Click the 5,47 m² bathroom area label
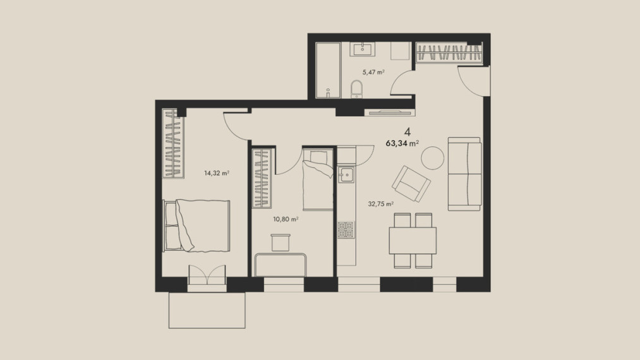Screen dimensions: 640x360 tap(373, 72)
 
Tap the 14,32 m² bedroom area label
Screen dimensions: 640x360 tap(217, 173)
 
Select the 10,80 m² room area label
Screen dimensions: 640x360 tap(286, 219)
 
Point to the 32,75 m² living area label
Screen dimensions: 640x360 tap(381, 203)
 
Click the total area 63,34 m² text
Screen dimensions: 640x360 tap(402, 143)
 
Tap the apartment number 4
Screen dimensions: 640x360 tap(407, 132)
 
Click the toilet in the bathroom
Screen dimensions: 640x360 tap(357, 89)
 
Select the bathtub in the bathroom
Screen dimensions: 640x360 tap(328, 70)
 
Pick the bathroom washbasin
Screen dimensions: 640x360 tap(362, 49)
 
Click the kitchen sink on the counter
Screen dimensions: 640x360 tap(346, 175)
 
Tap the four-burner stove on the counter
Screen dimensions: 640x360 tap(346, 230)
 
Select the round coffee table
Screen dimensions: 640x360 tap(432, 158)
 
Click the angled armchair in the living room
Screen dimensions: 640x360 tap(411, 184)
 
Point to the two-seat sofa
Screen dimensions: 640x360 tap(464, 174)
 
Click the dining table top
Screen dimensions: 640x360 tap(413, 241)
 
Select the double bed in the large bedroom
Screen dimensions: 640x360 tap(196, 225)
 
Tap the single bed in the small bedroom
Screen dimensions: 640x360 tap(318, 180)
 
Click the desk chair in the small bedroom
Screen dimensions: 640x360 tap(281, 243)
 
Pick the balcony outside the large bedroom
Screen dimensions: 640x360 tap(207, 310)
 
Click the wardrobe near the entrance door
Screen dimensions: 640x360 tap(449, 53)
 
